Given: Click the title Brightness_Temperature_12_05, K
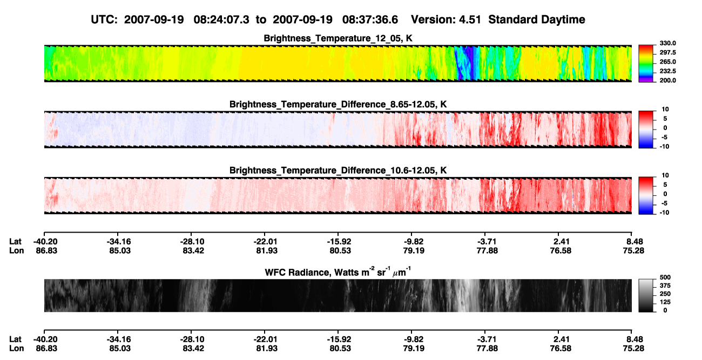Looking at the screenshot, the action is tap(338, 38).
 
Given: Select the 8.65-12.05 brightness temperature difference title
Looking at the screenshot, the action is tap(338, 104).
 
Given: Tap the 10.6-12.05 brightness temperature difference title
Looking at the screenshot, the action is tap(338, 171).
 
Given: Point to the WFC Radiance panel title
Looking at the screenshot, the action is tap(338, 272).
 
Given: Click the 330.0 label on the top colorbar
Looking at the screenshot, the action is tap(667, 43).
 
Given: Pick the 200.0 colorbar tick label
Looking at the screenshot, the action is tap(667, 80).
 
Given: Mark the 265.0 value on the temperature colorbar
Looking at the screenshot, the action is tap(667, 62).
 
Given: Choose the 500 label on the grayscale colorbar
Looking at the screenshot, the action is tap(665, 277).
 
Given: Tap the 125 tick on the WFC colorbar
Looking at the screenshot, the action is tap(665, 302).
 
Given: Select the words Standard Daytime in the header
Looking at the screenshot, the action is tap(537, 19).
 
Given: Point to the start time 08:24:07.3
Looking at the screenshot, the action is tap(221, 19).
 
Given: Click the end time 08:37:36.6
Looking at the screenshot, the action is tap(370, 19).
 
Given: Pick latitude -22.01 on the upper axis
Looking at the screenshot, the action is tap(265, 242).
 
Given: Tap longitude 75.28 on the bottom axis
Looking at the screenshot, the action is tap(633, 349).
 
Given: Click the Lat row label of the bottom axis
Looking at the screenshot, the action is tap(15, 339).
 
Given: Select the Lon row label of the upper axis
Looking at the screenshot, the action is tap(17, 250).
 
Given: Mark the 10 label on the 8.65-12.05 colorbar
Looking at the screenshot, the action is tap(665, 110).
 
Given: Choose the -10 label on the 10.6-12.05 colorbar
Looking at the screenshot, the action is tap(664, 213).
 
